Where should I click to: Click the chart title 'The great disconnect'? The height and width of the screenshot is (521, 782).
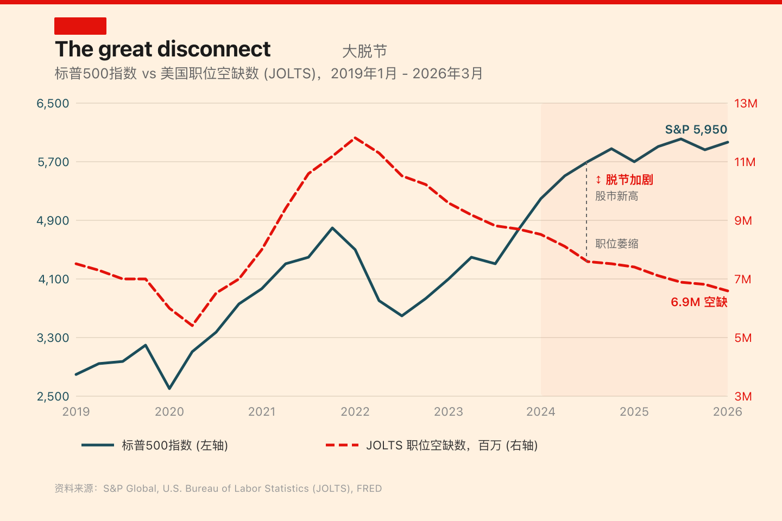pyautogui.click(x=162, y=49)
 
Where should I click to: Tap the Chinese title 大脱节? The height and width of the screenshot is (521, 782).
pyautogui.click(x=364, y=52)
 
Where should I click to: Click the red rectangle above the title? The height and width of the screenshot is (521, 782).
pyautogui.click(x=80, y=26)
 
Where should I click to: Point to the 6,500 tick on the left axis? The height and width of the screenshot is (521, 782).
pyautogui.click(x=53, y=104)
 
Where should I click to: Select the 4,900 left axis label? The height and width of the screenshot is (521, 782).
pyautogui.click(x=53, y=221)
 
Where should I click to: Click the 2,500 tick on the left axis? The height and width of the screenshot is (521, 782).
pyautogui.click(x=53, y=397)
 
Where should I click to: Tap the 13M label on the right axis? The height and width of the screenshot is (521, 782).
pyautogui.click(x=746, y=104)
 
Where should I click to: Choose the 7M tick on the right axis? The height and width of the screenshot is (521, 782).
pyautogui.click(x=742, y=279)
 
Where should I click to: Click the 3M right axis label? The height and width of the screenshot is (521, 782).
pyautogui.click(x=742, y=397)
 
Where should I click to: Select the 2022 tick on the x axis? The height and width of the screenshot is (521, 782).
pyautogui.click(x=355, y=412)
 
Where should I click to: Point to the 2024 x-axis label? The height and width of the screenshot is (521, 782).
pyautogui.click(x=541, y=412)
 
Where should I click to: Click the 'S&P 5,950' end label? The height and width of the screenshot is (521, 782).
pyautogui.click(x=696, y=130)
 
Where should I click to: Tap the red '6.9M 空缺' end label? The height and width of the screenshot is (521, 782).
pyautogui.click(x=699, y=302)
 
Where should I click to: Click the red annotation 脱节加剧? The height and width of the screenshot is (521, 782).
pyautogui.click(x=625, y=180)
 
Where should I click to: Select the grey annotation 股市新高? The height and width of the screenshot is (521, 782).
pyautogui.click(x=616, y=196)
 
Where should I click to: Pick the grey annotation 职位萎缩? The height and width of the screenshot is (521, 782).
pyautogui.click(x=616, y=244)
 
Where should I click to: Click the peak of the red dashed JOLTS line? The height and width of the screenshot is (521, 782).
pyautogui.click(x=355, y=138)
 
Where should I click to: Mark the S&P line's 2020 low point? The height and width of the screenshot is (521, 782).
pyautogui.click(x=169, y=388)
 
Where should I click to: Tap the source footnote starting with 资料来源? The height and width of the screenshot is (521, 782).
pyautogui.click(x=218, y=488)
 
